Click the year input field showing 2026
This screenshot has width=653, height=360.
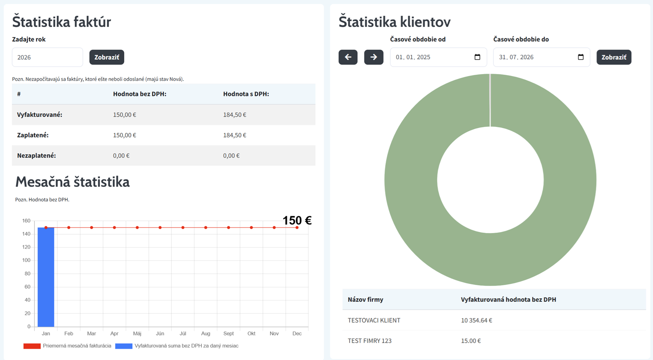click(47, 57)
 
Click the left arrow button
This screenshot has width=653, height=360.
click(348, 57)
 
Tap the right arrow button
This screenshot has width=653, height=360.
click(374, 57)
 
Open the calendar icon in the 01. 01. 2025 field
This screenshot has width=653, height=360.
click(477, 57)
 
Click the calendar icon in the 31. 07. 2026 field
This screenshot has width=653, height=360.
click(581, 57)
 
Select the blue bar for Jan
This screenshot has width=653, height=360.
click(46, 277)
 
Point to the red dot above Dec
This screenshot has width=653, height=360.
click(297, 228)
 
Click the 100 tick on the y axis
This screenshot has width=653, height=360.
click(26, 260)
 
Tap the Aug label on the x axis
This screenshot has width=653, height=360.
click(205, 333)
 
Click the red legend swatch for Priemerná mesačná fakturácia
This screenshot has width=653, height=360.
click(32, 346)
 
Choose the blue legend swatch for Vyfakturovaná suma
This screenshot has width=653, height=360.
click(124, 346)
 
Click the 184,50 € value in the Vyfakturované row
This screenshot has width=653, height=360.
click(235, 115)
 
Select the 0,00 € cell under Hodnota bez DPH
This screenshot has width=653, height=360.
click(121, 156)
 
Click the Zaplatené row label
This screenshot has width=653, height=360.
click(33, 135)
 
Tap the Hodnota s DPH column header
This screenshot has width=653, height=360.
click(246, 94)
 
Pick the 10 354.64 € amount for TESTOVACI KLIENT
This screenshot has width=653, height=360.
click(477, 320)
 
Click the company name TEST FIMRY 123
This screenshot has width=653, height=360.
click(370, 341)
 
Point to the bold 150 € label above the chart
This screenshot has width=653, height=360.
click(297, 220)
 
